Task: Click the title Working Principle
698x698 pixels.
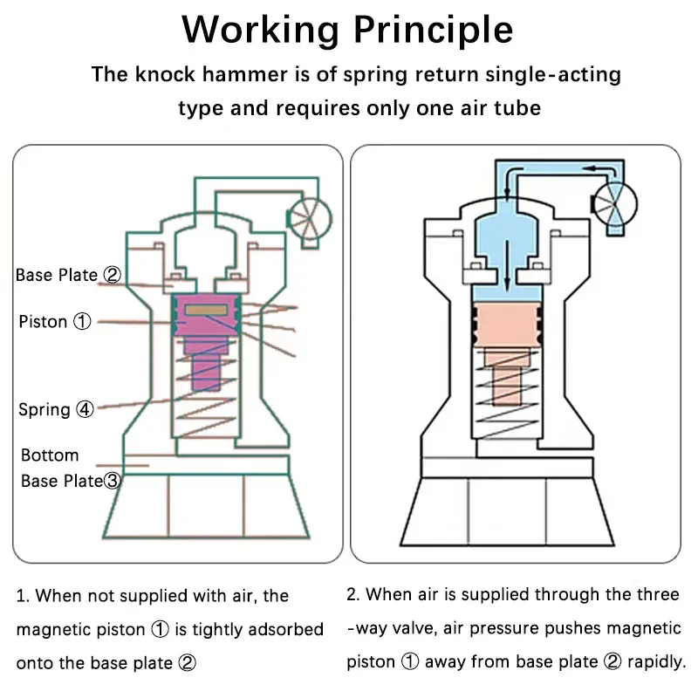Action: tap(347, 30)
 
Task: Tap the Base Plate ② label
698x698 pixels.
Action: tap(68, 275)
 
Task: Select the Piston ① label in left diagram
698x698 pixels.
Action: tap(55, 321)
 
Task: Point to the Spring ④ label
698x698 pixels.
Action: tap(56, 409)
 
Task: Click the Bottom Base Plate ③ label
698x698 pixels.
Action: tap(71, 468)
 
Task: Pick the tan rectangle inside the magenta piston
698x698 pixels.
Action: tap(206, 310)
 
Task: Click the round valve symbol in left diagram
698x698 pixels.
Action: tap(309, 219)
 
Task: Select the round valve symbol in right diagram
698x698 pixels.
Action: tap(614, 205)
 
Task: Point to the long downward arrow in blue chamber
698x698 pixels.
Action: tap(507, 266)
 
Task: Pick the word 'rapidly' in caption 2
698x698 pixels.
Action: tap(657, 662)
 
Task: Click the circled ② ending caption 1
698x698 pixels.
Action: tap(187, 663)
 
